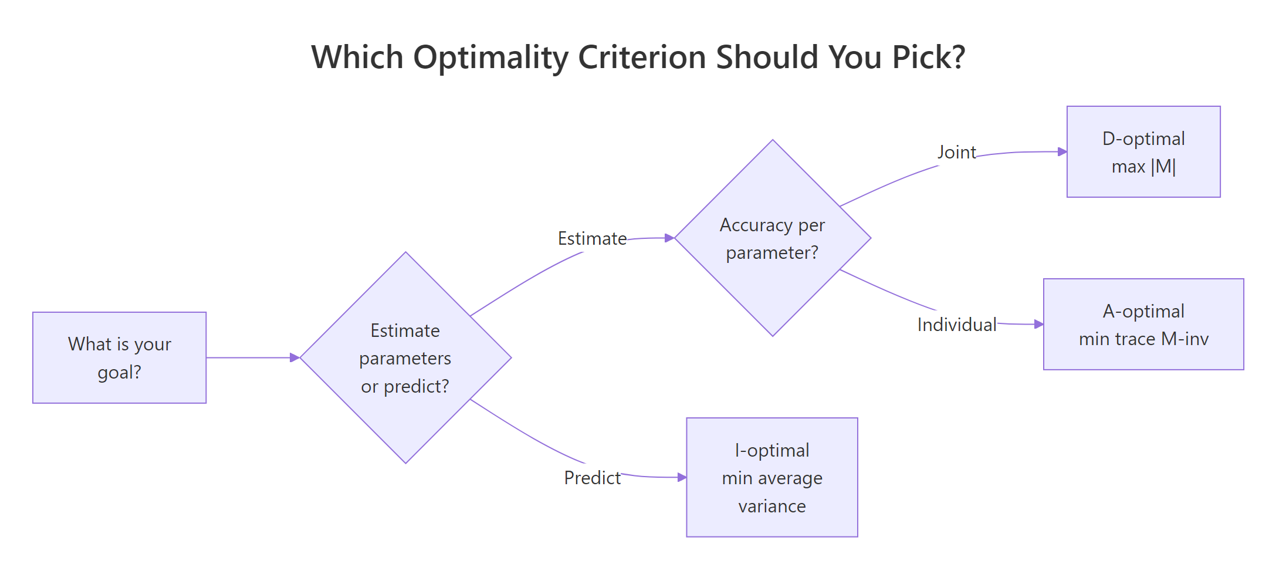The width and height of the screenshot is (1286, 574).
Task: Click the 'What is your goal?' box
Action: tap(119, 357)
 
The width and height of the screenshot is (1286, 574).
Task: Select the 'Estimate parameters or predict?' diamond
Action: tap(405, 357)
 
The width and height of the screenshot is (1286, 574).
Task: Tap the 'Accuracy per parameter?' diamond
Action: tap(772, 238)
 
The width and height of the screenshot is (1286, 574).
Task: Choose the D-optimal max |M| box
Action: tap(1143, 151)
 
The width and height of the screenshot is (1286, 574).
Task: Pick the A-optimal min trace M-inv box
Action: tap(1143, 324)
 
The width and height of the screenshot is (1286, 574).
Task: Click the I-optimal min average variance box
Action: tap(771, 477)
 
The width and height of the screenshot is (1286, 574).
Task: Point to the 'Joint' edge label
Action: tap(956, 152)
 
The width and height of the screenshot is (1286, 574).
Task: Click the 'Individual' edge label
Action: tap(956, 325)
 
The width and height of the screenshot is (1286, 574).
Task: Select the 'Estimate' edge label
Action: tap(592, 238)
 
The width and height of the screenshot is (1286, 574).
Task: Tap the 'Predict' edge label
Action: tap(592, 478)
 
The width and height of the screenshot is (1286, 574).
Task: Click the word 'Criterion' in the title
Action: tap(642, 58)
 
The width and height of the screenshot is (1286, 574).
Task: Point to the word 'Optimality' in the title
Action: tap(490, 58)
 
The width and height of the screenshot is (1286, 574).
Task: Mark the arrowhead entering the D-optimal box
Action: tap(1062, 151)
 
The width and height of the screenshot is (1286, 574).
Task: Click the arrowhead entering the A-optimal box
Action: tap(1038, 324)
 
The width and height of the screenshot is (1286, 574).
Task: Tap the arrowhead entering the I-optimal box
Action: tap(682, 477)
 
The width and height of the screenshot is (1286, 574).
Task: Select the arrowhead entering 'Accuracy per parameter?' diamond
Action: tap(669, 238)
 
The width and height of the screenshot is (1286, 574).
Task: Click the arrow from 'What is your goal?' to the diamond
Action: tap(252, 357)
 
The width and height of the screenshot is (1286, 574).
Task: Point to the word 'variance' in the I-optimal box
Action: tap(771, 506)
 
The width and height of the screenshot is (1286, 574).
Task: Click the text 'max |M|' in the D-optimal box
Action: tap(1143, 167)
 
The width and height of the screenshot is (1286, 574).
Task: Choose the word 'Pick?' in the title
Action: tap(928, 58)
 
